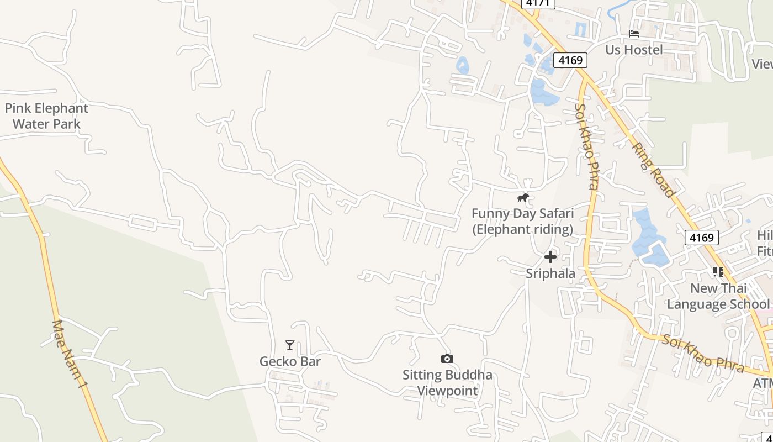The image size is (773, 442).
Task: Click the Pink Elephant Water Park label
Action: [46, 116]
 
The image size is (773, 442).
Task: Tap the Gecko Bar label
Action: [290, 361]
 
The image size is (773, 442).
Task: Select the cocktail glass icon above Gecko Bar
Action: [290, 345]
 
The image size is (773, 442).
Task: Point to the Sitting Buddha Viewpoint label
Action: [447, 383]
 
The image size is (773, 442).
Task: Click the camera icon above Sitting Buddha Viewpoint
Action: [447, 359]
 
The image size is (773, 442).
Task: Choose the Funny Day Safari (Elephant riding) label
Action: [522, 221]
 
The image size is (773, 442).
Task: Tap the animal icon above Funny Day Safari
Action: [522, 197]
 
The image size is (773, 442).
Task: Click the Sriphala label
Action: [550, 273]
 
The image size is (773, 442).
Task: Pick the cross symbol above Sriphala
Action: [550, 257]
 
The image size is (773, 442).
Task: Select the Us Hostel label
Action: [634, 50]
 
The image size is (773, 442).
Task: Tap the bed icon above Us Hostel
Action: [634, 34]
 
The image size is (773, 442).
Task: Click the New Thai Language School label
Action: [718, 296]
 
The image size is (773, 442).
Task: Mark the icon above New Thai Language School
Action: [718, 271]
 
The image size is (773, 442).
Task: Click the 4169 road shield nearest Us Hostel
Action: [570, 60]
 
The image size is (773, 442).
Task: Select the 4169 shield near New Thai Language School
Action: [702, 238]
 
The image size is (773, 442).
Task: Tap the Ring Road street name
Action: [654, 170]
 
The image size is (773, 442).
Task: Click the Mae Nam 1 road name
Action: [70, 354]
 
